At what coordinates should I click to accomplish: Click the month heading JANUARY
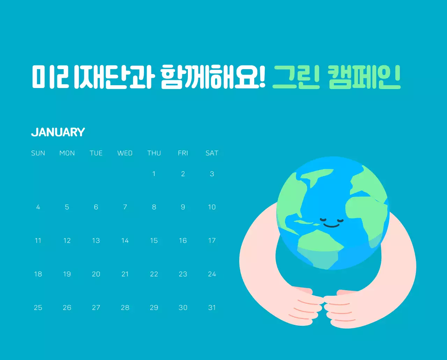pyautogui.click(x=58, y=132)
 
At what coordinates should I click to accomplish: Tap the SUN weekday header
pyautogui.click(x=38, y=153)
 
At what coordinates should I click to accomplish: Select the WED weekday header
pyautogui.click(x=125, y=153)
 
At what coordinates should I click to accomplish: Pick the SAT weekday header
pyautogui.click(x=212, y=153)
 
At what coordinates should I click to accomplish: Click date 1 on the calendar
pyautogui.click(x=154, y=174)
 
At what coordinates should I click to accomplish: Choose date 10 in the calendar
pyautogui.click(x=212, y=207)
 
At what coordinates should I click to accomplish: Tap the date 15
pyautogui.click(x=154, y=241)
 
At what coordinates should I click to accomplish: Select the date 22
pyautogui.click(x=154, y=274)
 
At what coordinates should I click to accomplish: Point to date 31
pyautogui.click(x=212, y=308)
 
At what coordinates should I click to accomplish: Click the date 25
pyautogui.click(x=38, y=308)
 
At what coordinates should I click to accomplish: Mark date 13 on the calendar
pyautogui.click(x=96, y=241)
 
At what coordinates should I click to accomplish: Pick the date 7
pyautogui.click(x=125, y=207)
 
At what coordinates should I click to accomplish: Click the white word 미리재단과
pyautogui.click(x=93, y=77)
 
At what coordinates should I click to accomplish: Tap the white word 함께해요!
pyautogui.click(x=213, y=77)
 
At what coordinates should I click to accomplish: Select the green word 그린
pyautogui.click(x=296, y=77)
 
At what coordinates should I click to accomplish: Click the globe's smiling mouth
pyautogui.click(x=331, y=226)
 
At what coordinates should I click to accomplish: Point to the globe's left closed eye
pyautogui.click(x=323, y=220)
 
